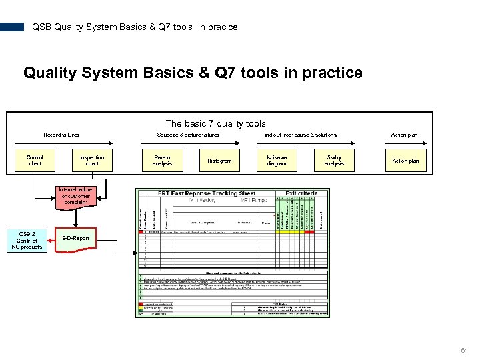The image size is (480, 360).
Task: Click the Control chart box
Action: point(35,161)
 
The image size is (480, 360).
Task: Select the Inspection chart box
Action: point(92,161)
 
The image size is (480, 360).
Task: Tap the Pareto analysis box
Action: point(162,161)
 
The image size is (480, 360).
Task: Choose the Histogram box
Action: point(219,161)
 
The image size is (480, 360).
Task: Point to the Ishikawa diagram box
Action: point(277,161)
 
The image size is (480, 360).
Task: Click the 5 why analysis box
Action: point(334,161)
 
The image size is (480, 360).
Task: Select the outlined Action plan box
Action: point(405,161)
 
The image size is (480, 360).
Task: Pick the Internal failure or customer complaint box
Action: point(75,196)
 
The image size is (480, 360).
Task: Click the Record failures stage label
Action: point(61,135)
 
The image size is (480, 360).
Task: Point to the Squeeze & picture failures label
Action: point(188,135)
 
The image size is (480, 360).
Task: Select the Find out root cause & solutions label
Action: point(299,135)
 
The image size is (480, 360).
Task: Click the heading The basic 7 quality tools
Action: point(215,123)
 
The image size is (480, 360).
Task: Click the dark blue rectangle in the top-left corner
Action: point(12,27)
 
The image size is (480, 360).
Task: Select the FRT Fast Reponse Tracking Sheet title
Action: point(207,193)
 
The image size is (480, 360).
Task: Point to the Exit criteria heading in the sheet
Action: point(300,193)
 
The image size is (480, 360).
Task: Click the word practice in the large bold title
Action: point(332,73)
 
